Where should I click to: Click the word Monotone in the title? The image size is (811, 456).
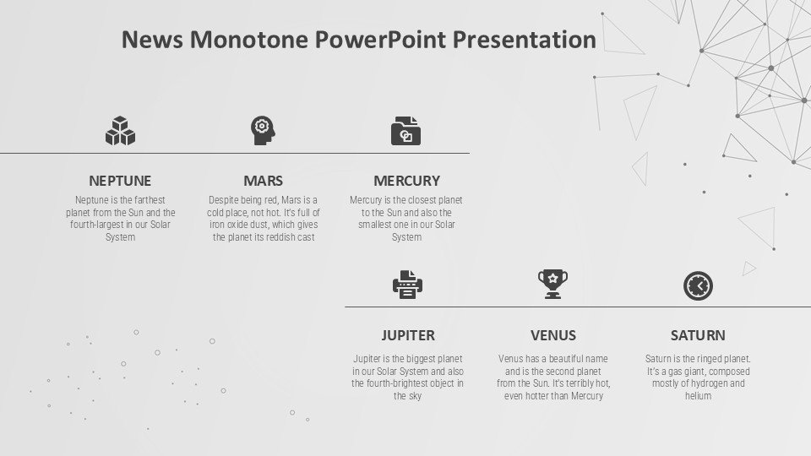[248, 40]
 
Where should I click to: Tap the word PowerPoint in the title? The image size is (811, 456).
[380, 40]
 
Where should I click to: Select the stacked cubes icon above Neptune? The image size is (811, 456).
[120, 131]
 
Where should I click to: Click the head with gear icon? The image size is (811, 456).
[263, 130]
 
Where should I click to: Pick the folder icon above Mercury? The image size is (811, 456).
[406, 131]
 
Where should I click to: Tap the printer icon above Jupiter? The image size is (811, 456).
[407, 285]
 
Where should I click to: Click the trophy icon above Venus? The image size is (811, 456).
[552, 284]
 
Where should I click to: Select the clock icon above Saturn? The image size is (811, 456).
[699, 286]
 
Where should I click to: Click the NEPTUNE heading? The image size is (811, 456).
[120, 181]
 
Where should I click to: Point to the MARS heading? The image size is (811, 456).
[264, 181]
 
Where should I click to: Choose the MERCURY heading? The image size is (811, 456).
[406, 181]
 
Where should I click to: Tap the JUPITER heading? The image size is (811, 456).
[408, 335]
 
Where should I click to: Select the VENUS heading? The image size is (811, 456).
[552, 335]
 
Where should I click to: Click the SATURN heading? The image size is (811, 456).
[698, 335]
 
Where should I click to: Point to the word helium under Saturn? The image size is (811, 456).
[699, 395]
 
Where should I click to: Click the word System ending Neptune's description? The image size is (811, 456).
[121, 237]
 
